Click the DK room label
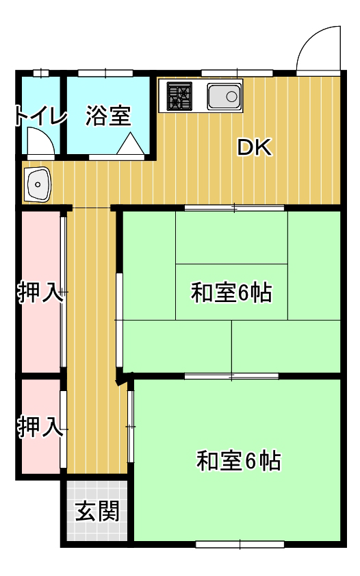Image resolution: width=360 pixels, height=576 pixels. click(x=255, y=147)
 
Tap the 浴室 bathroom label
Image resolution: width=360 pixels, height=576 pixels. click(x=108, y=116)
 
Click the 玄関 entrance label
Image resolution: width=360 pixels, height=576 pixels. click(x=97, y=511)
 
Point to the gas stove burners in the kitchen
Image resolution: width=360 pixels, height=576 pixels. click(x=179, y=97)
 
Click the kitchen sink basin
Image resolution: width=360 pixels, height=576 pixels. click(x=224, y=97)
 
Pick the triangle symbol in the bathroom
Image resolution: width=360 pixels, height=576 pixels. click(x=130, y=144)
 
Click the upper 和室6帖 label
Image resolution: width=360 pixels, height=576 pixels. click(x=231, y=292)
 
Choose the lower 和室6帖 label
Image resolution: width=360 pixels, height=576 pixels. click(x=239, y=461)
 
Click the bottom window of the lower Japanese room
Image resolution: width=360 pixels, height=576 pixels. click(x=240, y=544)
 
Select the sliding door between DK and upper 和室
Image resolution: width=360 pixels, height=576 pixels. click(x=235, y=208)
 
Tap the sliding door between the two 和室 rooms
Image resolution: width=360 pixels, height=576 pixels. click(x=231, y=376)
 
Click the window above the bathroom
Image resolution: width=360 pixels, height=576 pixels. click(x=105, y=73)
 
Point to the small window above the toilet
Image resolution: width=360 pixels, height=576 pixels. click(x=41, y=73)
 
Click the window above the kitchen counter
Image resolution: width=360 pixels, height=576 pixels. click(x=237, y=73)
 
